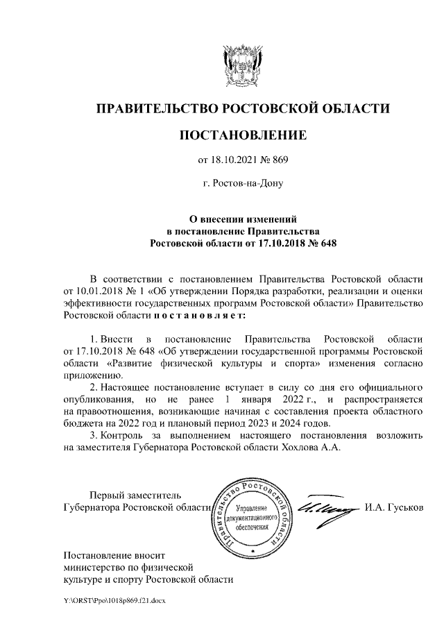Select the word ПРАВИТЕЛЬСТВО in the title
click(x=156, y=108)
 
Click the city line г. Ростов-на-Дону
click(x=242, y=185)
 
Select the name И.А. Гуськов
click(x=393, y=508)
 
